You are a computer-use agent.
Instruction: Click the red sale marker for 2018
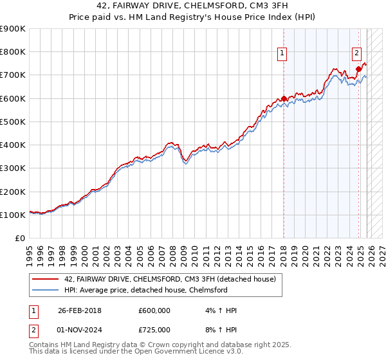click(x=284, y=98)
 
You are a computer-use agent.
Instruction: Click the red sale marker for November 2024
click(x=358, y=69)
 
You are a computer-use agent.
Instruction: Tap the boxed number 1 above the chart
click(x=283, y=54)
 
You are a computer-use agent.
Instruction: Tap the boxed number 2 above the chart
click(x=356, y=54)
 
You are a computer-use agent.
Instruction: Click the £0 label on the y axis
click(x=19, y=239)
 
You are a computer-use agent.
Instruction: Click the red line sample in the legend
click(x=46, y=279)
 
